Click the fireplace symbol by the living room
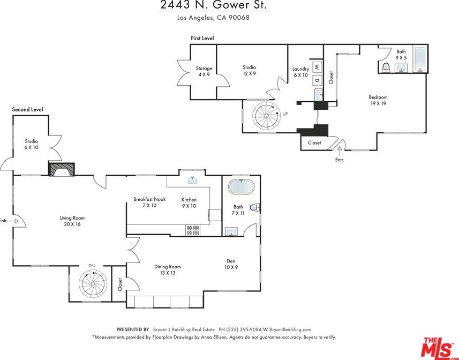coord(62,169)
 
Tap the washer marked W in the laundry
coord(317,67)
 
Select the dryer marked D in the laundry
coord(317,80)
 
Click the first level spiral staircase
coord(266,115)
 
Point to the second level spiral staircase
coord(93,284)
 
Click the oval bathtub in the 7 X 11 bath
coord(242,187)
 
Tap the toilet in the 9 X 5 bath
coord(386,67)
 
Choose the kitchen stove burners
coord(193,230)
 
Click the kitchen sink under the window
coord(192,179)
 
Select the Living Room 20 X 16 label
coord(72,221)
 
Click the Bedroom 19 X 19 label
coord(378,100)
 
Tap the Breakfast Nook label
coord(149,199)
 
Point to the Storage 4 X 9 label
coord(204,71)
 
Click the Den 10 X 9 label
coord(231,264)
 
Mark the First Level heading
coord(202,38)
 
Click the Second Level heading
coord(27,109)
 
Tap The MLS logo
coord(438,347)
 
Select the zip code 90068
coord(239,18)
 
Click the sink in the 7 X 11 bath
coord(231,232)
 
